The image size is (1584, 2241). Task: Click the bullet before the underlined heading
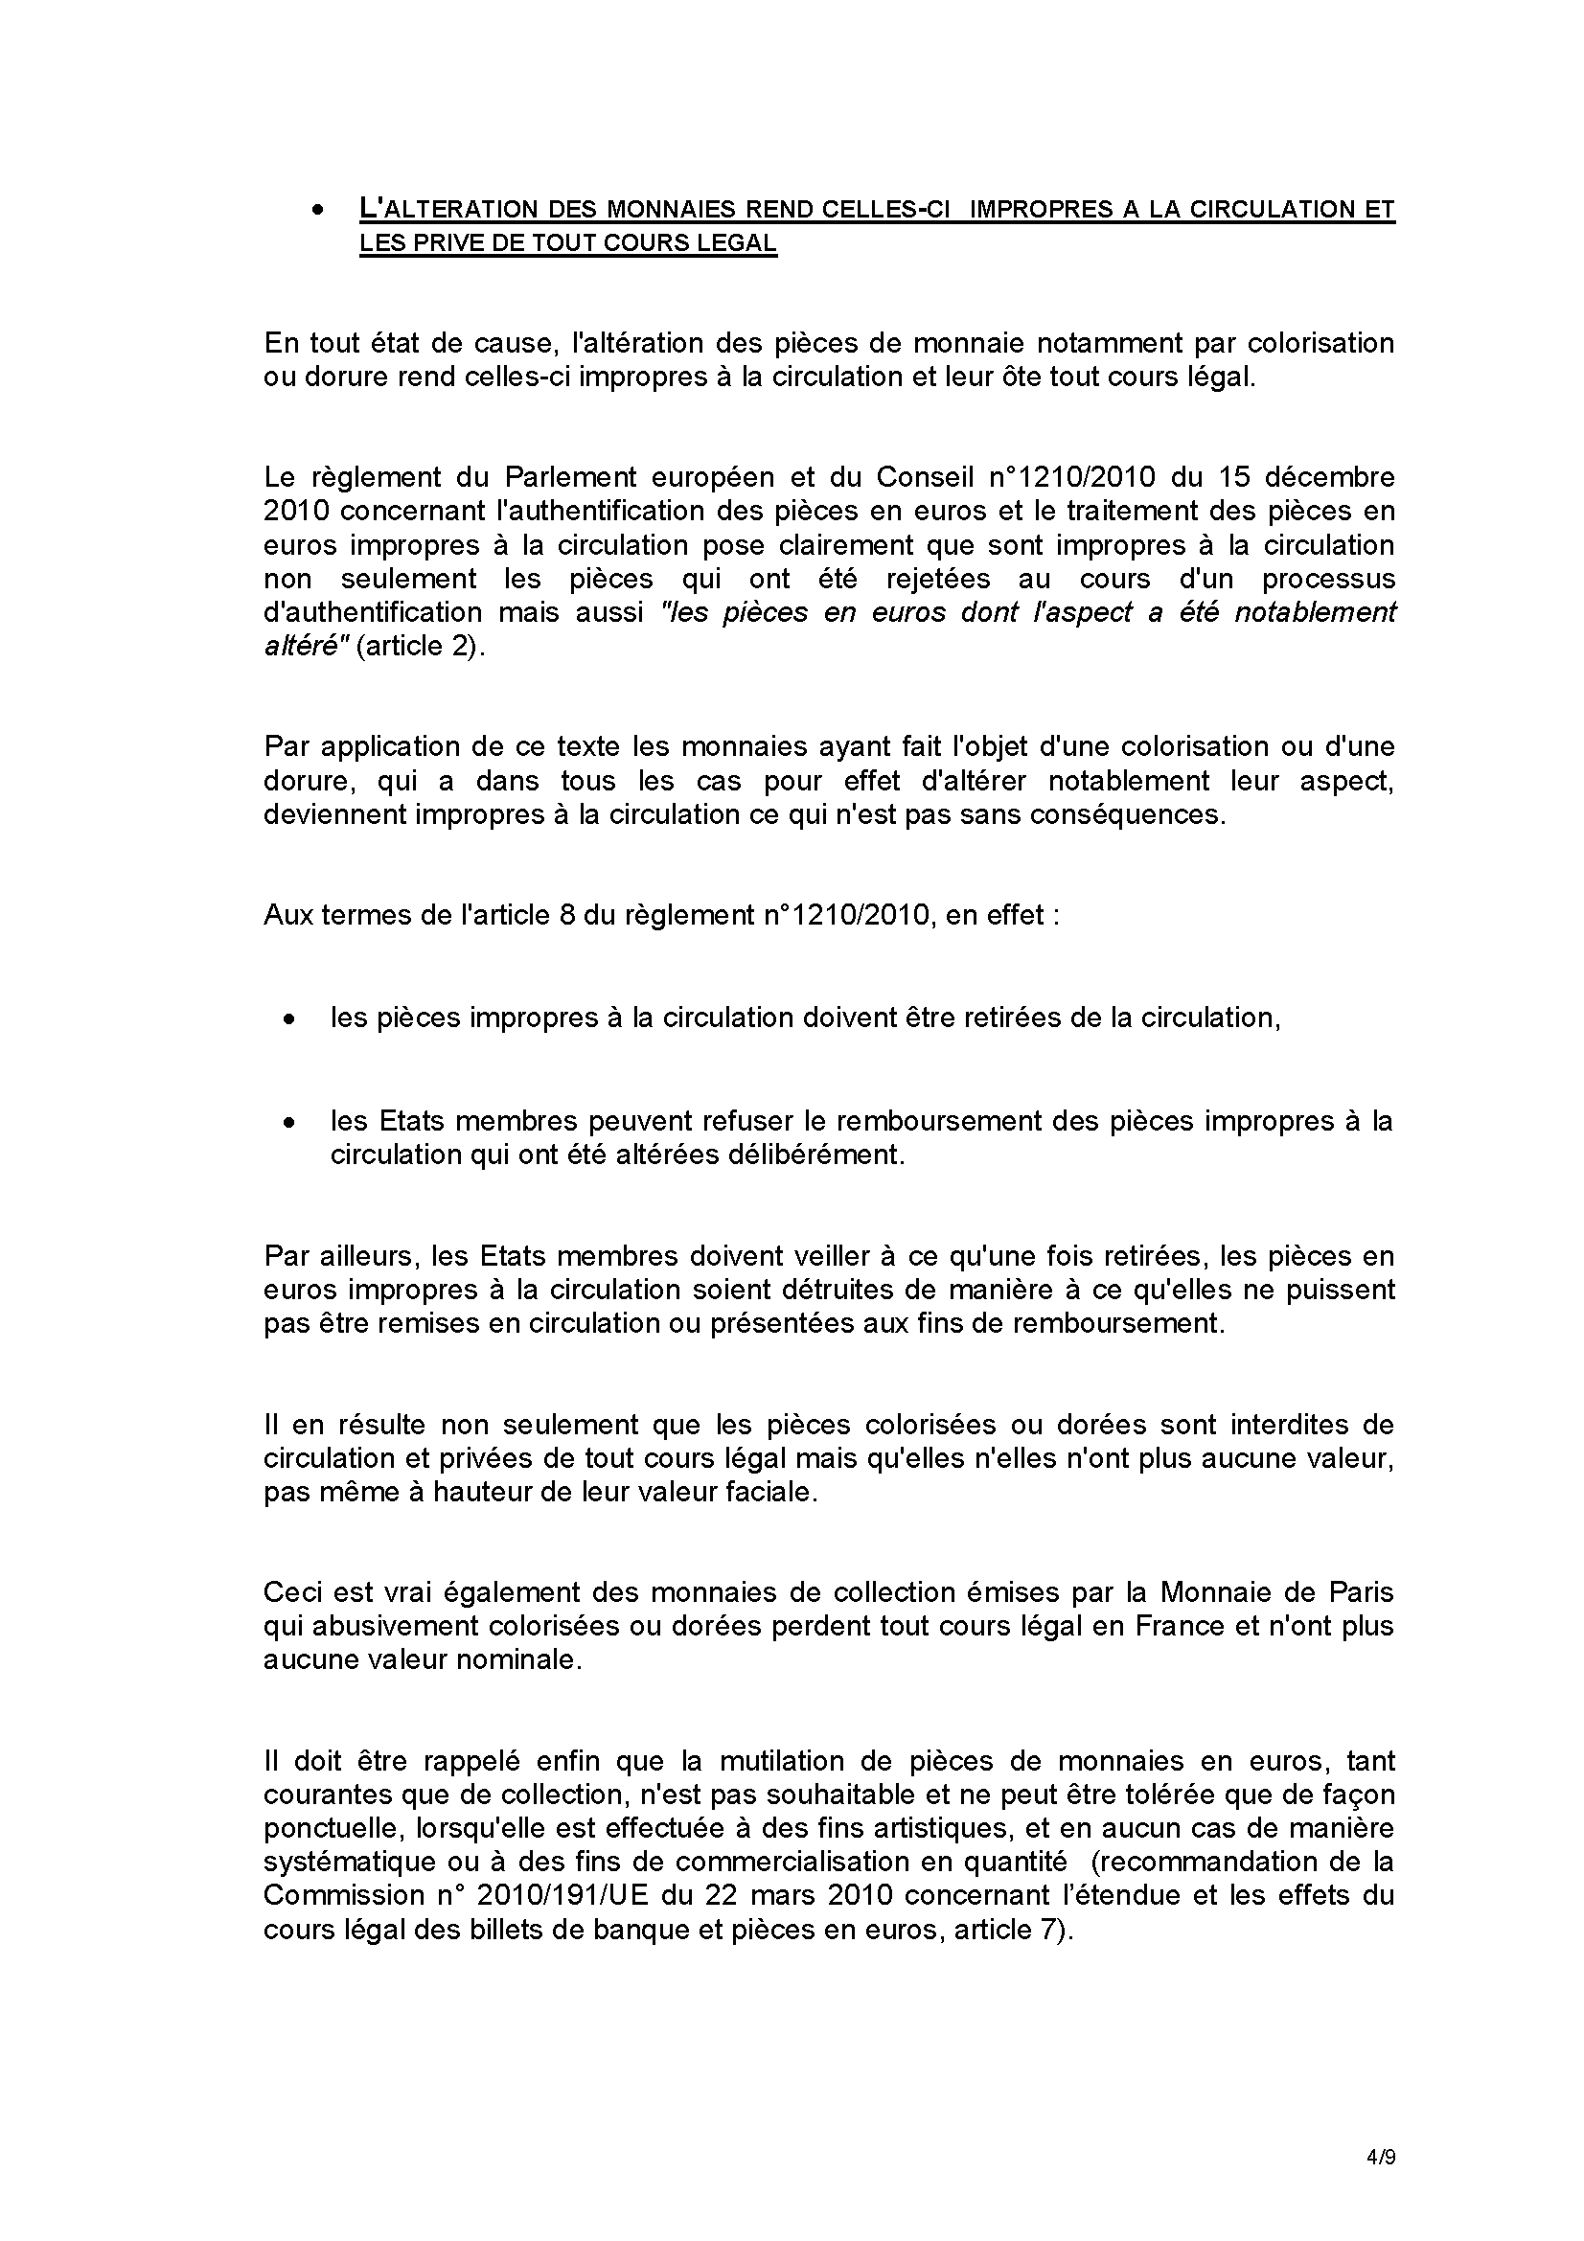(317, 211)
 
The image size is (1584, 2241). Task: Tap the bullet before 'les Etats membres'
(287, 1125)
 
